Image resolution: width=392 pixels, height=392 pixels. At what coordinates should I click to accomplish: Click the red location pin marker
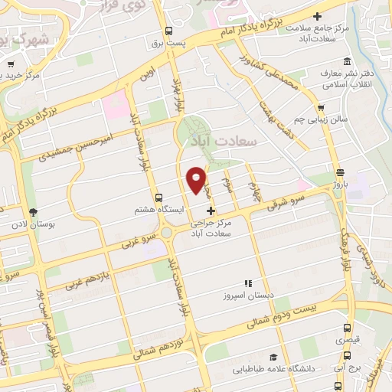[197, 179]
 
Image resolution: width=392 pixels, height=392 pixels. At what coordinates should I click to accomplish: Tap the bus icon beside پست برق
[168, 31]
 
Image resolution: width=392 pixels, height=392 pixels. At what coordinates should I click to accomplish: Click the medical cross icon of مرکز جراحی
[211, 210]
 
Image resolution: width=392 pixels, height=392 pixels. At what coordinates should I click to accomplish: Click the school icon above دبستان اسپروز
[247, 283]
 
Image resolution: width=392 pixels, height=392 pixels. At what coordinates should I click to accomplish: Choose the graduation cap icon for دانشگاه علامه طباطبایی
[272, 357]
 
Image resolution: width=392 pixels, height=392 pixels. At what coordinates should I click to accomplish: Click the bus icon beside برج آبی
[348, 356]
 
